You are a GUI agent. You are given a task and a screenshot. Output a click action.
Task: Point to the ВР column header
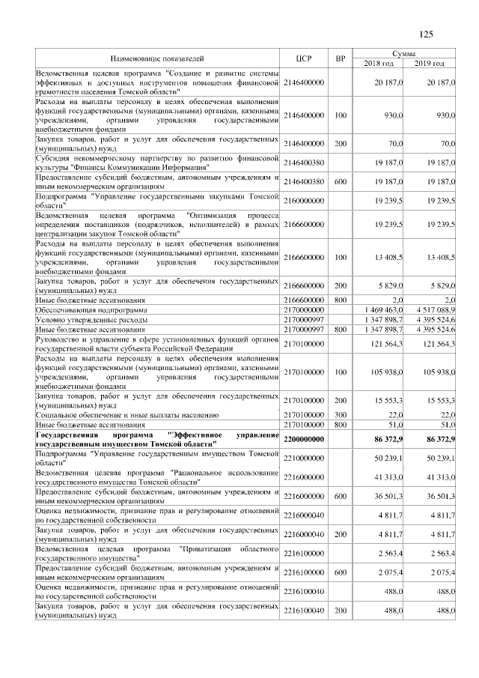pyautogui.click(x=341, y=58)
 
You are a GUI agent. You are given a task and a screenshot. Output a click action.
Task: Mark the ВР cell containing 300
pyautogui.click(x=341, y=414)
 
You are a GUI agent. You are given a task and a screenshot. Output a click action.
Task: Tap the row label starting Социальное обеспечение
pyautogui.click(x=127, y=414)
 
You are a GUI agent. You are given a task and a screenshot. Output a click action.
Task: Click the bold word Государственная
pyautogui.click(x=72, y=435)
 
